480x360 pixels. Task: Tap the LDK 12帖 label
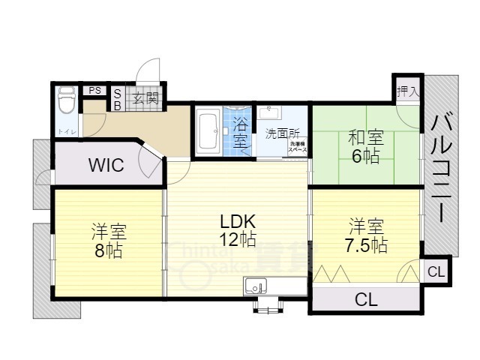pos(238,230)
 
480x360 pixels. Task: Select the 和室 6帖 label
pos(365,146)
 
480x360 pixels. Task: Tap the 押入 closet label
pos(408,90)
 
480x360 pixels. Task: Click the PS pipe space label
pos(95,90)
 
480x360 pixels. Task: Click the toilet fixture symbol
pos(67,98)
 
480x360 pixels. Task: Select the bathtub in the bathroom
pos(208,132)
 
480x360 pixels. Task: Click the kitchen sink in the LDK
pos(255,286)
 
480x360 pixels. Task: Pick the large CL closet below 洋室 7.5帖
pos(366,300)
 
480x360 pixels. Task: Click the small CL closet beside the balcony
pos(436,271)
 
